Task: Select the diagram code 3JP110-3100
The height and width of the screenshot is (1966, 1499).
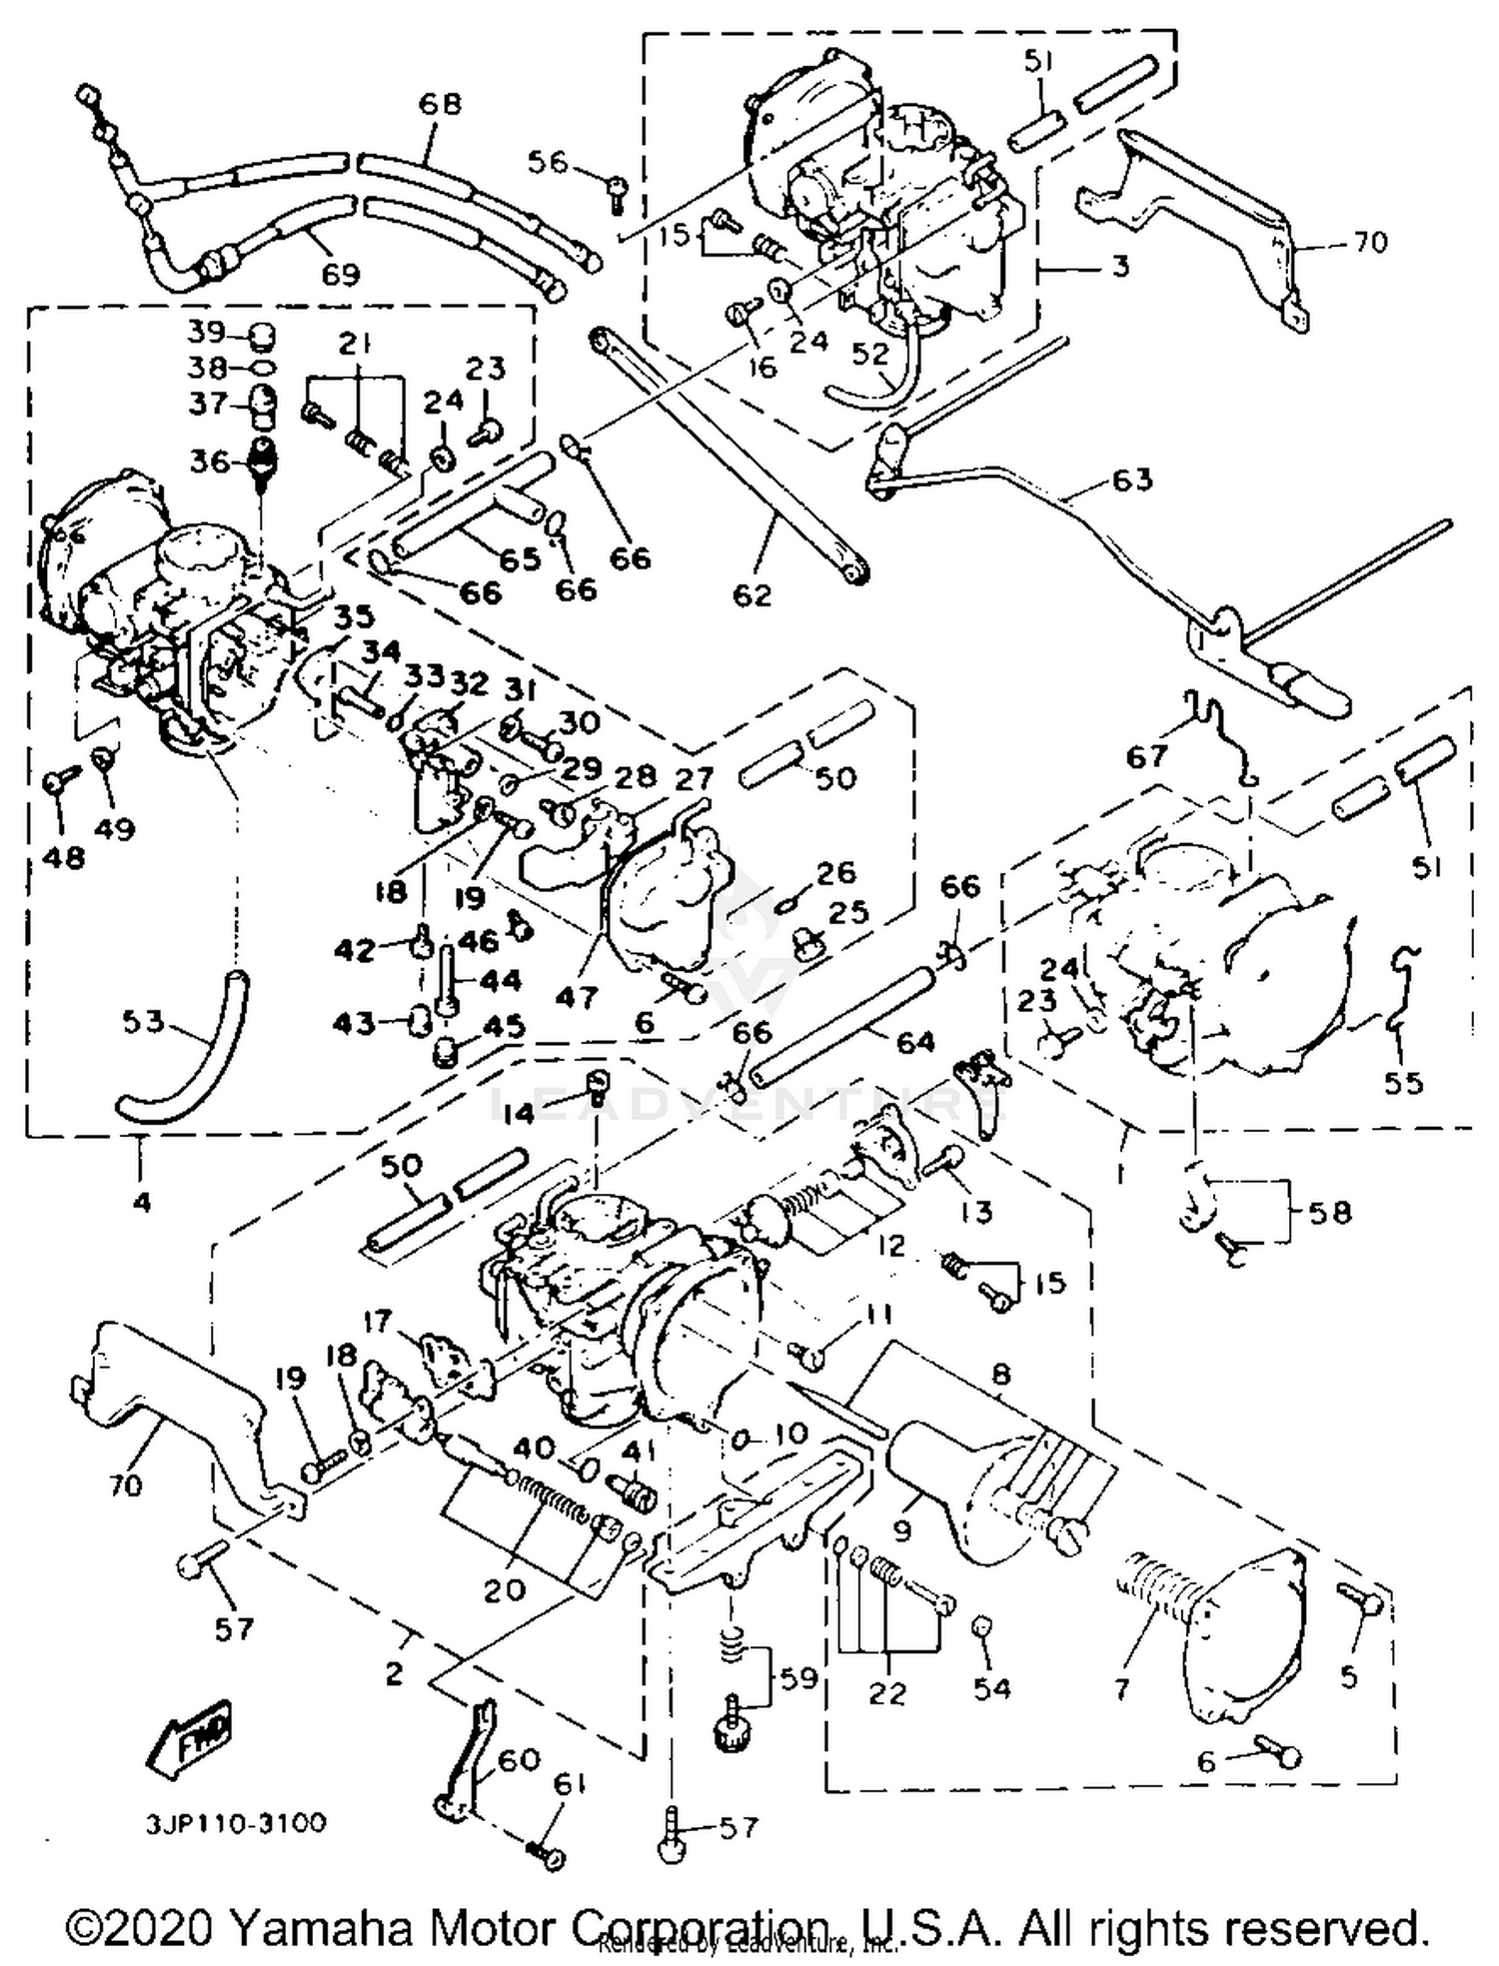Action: tap(236, 1823)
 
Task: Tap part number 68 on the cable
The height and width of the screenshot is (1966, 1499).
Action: tap(439, 104)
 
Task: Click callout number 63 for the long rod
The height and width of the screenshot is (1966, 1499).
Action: tap(1130, 480)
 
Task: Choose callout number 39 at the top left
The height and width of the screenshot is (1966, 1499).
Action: tap(207, 334)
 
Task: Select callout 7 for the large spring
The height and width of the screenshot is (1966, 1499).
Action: tap(1122, 1688)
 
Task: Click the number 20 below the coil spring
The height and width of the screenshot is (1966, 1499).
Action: tap(504, 1588)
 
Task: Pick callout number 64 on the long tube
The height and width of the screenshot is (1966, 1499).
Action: tap(914, 1042)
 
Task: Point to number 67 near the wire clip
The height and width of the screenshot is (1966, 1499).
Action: tap(1146, 756)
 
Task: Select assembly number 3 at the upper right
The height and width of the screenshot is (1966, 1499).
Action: tap(1120, 266)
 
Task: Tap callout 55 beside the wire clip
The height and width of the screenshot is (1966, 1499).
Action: tap(1402, 1083)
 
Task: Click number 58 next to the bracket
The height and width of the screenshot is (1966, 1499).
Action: tap(1329, 1213)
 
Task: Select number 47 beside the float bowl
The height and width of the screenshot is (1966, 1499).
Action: tap(577, 996)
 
